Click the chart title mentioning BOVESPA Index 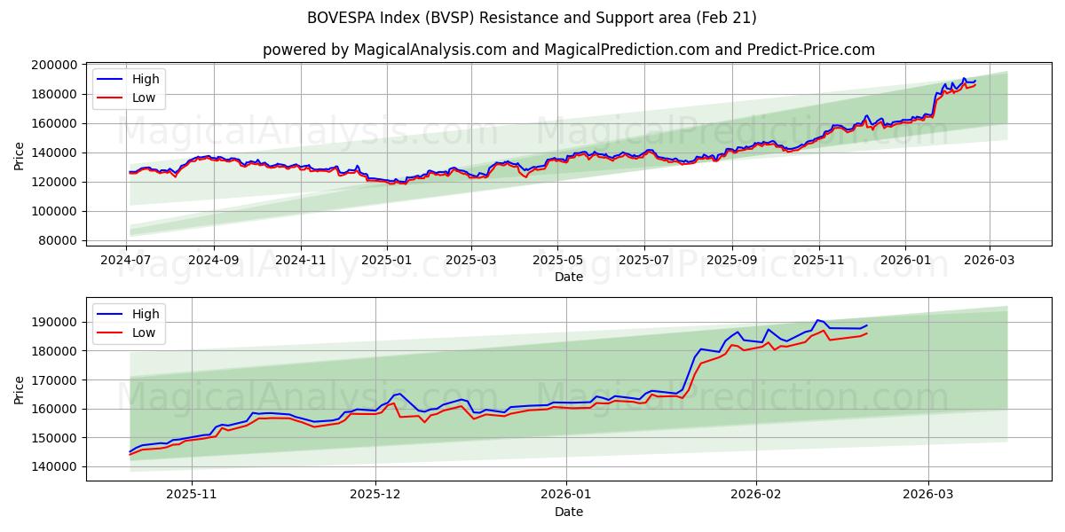(532, 18)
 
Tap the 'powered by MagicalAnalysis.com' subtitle (568, 50)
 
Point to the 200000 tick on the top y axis (54, 65)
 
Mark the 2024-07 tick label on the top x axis (127, 261)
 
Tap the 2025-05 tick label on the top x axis (557, 261)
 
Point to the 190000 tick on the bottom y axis (54, 322)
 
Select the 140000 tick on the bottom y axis (54, 467)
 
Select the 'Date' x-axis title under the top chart (568, 277)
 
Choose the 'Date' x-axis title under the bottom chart (568, 512)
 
